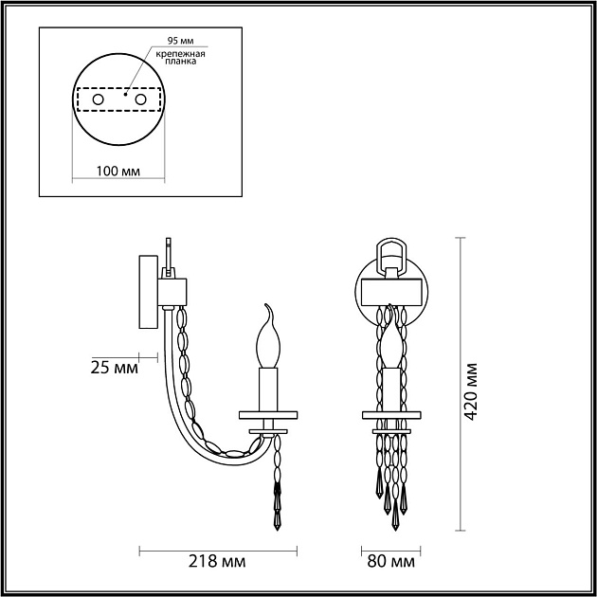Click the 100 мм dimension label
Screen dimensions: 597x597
(x=118, y=172)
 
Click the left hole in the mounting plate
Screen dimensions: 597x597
(x=97, y=99)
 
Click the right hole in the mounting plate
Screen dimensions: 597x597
(x=141, y=99)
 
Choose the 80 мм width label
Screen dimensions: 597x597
(x=391, y=562)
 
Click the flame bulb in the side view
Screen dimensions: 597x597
(x=268, y=338)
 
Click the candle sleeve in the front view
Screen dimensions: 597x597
(x=390, y=389)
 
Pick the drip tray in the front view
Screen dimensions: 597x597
(x=390, y=414)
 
